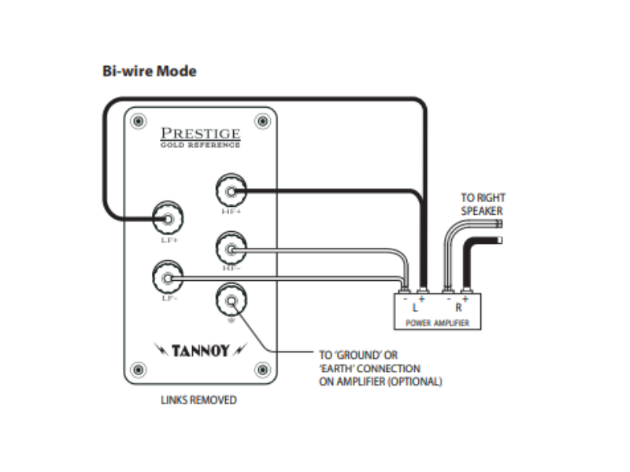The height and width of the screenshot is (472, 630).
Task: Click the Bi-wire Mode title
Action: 149,72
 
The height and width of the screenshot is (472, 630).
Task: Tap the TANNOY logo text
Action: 201,350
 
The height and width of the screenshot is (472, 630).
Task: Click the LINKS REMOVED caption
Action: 198,400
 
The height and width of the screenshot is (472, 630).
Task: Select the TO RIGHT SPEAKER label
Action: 482,205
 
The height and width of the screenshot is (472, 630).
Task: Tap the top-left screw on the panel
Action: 139,121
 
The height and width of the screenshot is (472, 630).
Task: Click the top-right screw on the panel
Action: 262,121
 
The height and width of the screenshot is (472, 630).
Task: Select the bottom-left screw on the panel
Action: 139,369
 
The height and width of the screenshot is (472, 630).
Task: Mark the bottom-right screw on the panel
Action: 262,369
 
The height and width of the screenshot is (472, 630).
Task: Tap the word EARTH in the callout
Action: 340,369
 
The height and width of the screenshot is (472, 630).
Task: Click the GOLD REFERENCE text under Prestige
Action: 200,146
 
